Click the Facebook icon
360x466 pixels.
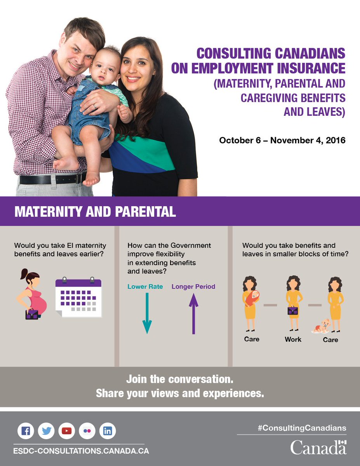tap(26, 431)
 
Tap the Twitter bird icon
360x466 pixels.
tap(47, 431)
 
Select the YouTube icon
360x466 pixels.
tap(67, 431)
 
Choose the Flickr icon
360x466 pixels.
tap(87, 431)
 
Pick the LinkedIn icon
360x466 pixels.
tap(108, 431)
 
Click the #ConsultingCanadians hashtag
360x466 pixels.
tap(301, 428)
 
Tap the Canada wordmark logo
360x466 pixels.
tap(318, 447)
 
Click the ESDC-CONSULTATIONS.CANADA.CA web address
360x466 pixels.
tap(81, 451)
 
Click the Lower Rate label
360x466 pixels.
tap(145, 287)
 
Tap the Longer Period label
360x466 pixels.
tap(193, 287)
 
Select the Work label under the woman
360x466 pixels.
tap(293, 339)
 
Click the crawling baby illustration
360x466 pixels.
tap(321, 326)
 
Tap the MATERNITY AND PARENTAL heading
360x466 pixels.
tap(95, 212)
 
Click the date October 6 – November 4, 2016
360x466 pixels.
tap(282, 140)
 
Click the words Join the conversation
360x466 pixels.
tap(180, 379)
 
